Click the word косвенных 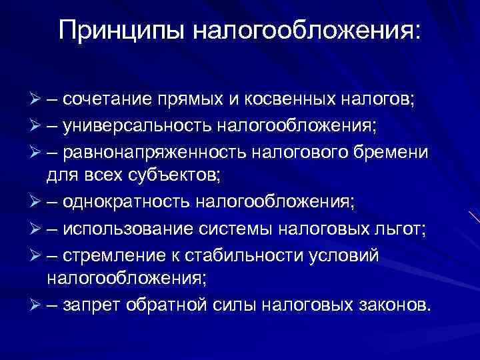tap(280, 99)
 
